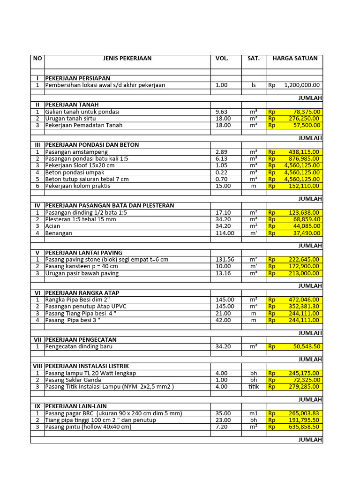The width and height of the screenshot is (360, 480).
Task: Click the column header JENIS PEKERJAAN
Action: click(127, 59)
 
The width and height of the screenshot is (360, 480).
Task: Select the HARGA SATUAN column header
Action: click(294, 59)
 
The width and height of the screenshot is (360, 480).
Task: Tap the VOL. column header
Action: click(222, 59)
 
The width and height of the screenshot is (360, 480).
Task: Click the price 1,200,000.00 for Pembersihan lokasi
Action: click(301, 85)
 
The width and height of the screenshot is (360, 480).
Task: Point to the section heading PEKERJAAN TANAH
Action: click(72, 105)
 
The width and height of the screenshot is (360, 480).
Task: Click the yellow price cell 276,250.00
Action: click(301, 119)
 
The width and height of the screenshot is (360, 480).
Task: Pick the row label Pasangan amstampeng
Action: click(76, 152)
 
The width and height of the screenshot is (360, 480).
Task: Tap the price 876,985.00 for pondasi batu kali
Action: click(301, 159)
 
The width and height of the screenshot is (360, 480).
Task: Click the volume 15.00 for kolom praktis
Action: click(223, 186)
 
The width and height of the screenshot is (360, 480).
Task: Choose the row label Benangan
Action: click(59, 233)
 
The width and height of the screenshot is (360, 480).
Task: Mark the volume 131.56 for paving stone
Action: click(225, 259)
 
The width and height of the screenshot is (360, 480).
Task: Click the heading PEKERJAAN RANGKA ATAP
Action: click(82, 293)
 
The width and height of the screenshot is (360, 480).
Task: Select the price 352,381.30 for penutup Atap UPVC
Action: click(301, 307)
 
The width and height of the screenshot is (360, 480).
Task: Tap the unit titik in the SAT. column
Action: click(254, 387)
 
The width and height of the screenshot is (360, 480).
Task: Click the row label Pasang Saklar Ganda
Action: click(74, 380)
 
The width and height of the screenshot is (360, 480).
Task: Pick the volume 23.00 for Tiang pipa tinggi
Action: click(223, 420)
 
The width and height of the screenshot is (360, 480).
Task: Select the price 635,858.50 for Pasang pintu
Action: click(301, 427)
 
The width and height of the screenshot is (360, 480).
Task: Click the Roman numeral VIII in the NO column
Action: click(37, 366)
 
